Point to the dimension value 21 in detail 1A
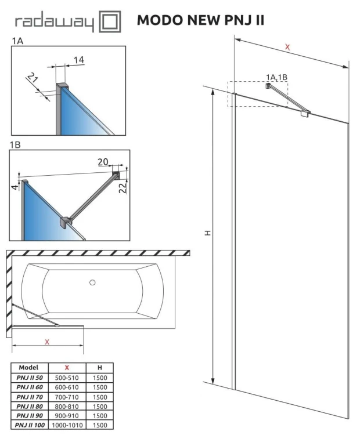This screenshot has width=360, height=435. pos(33,80)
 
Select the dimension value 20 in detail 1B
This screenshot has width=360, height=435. pos(103,162)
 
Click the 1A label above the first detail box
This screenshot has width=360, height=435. pos(17,41)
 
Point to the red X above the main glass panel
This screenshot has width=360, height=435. pos(287,47)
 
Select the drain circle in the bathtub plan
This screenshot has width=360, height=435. pos(92,283)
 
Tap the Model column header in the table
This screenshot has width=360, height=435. pos(28,367)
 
